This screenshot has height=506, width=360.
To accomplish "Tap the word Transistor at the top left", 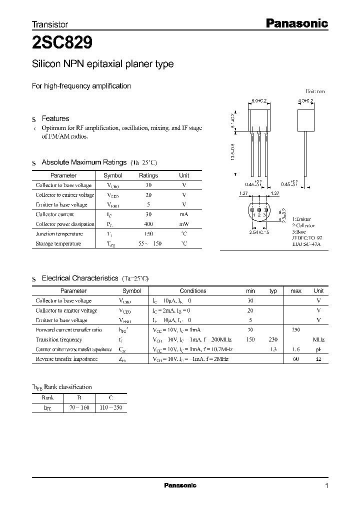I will [50, 24].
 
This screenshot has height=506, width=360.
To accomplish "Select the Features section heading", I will [55, 118].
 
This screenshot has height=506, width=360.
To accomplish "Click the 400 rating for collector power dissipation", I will [148, 224].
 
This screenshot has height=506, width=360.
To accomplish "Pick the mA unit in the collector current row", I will [184, 214].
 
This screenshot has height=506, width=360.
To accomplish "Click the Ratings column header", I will [148, 175].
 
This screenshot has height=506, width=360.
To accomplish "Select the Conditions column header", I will [192, 290].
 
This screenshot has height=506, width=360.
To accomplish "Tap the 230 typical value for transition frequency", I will [273, 339].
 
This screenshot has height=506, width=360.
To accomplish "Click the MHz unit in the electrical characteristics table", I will [318, 339].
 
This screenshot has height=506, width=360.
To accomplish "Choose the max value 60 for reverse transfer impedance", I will [296, 359].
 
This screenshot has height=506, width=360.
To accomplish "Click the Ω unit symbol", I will [318, 359].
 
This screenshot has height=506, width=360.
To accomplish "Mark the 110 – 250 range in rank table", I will [111, 408].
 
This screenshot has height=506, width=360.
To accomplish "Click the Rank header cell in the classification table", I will [48, 398].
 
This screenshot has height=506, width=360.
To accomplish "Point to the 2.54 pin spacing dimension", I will [254, 232].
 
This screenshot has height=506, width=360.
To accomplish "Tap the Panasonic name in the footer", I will [180, 485].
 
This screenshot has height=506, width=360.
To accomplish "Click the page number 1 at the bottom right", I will [326, 486].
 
